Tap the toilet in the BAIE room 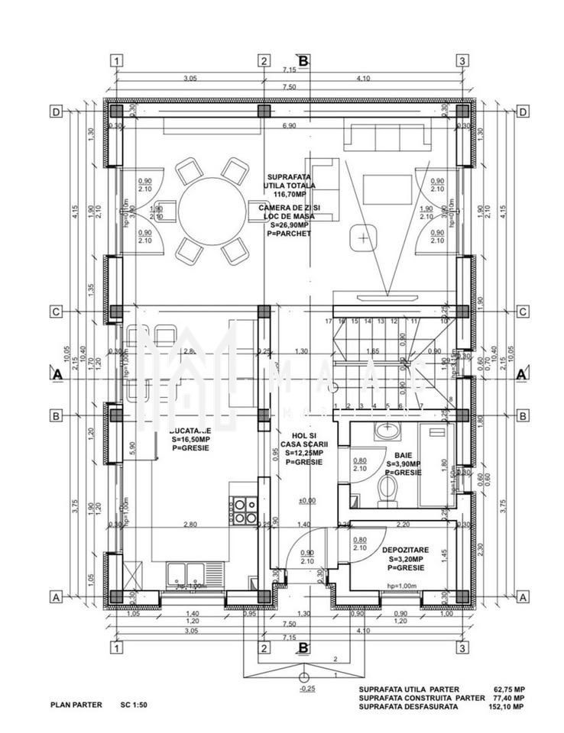click(x=387, y=489)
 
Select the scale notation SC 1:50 click(x=133, y=706)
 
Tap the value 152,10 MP click(x=507, y=707)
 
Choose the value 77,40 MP click(x=507, y=698)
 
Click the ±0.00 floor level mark click(x=308, y=501)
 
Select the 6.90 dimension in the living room click(x=289, y=126)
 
